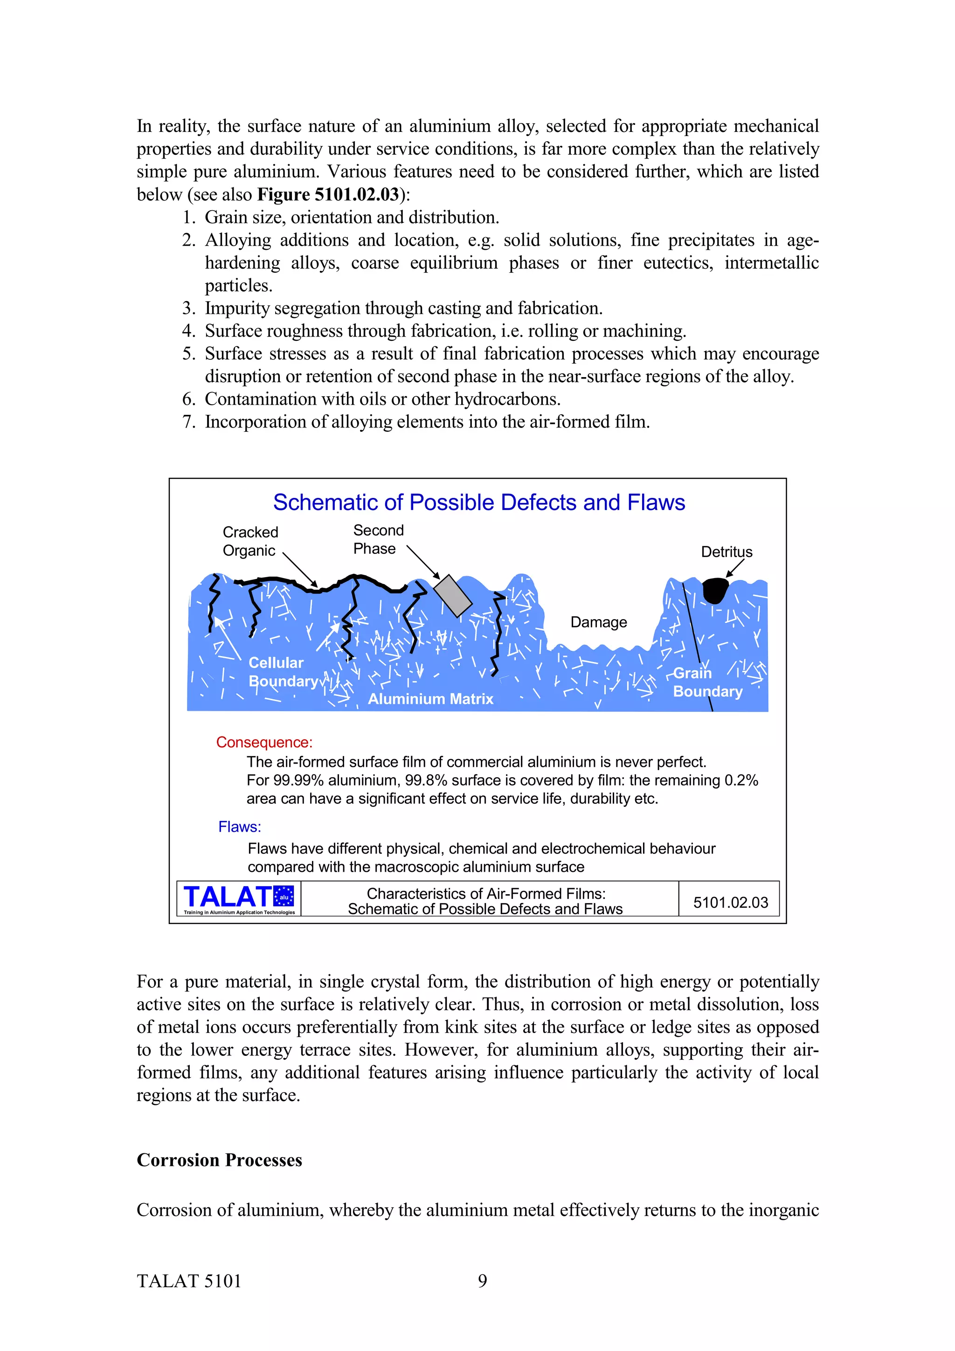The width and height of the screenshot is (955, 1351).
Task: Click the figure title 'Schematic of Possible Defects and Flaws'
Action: pyautogui.click(x=478, y=503)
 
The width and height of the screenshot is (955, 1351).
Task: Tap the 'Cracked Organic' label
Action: pyautogui.click(x=250, y=541)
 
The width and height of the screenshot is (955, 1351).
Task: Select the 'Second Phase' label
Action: pyautogui.click(x=378, y=539)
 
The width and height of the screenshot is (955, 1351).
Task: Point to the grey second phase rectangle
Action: pyautogui.click(x=452, y=595)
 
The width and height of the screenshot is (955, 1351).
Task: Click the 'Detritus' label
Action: pyautogui.click(x=726, y=552)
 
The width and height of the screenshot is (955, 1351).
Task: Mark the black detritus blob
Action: pyautogui.click(x=715, y=590)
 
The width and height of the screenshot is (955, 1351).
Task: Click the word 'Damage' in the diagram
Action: pyautogui.click(x=598, y=622)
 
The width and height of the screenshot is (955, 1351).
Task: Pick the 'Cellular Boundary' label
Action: pyautogui.click(x=283, y=672)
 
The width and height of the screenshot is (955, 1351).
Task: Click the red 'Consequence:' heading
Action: pyautogui.click(x=264, y=742)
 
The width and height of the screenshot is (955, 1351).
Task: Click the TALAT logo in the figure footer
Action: pyautogui.click(x=238, y=898)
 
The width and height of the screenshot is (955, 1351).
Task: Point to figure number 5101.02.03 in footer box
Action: pyautogui.click(x=730, y=903)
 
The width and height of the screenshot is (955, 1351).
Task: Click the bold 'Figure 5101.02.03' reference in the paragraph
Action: pyautogui.click(x=328, y=194)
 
